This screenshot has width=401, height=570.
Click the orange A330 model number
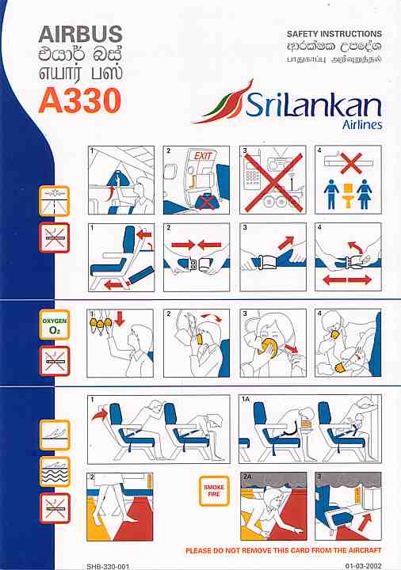click(x=80, y=101)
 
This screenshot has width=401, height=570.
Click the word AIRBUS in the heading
click(x=80, y=34)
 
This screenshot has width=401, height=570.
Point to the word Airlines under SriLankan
click(x=361, y=125)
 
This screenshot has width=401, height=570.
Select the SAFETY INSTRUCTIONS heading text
click(x=334, y=34)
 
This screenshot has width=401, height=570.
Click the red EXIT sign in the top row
click(x=203, y=156)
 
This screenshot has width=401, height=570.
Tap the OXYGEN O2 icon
click(x=54, y=325)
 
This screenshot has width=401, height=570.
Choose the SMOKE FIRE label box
click(x=214, y=491)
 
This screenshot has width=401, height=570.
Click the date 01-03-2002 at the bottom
click(x=363, y=565)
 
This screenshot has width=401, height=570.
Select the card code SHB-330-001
click(x=108, y=566)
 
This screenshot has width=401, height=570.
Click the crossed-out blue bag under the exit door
click(x=206, y=201)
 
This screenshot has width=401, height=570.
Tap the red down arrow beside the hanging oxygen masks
click(x=120, y=318)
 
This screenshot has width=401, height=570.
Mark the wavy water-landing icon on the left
click(x=54, y=472)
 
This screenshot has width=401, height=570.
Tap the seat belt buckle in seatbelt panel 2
click(x=197, y=263)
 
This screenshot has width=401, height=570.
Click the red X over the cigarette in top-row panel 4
click(x=351, y=163)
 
